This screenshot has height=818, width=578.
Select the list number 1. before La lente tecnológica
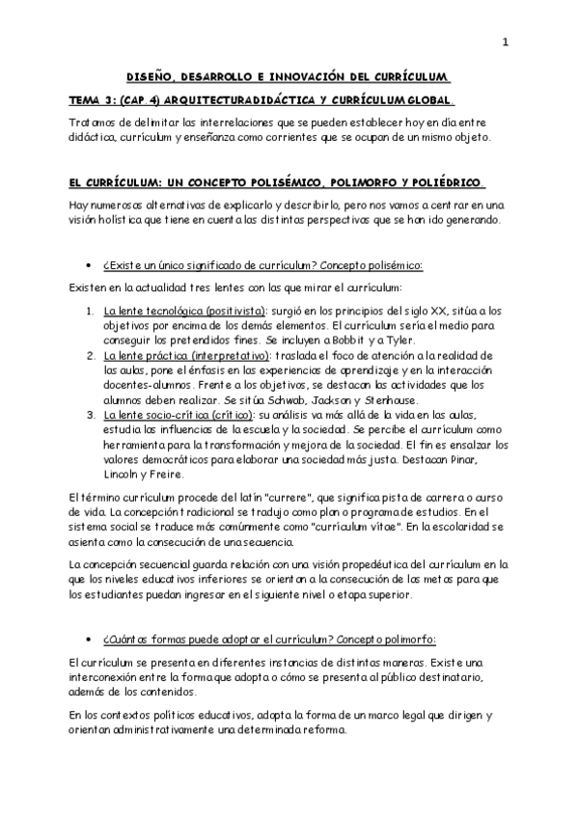coord(88,311)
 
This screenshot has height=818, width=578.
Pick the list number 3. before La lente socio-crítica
coord(88,414)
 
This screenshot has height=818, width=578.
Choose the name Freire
coord(169,473)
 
